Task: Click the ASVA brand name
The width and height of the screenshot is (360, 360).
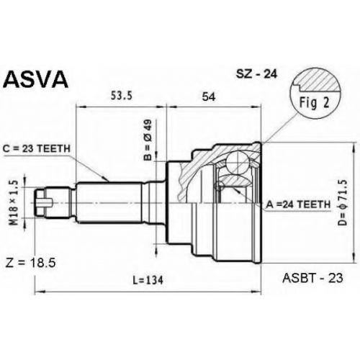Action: coord(37,79)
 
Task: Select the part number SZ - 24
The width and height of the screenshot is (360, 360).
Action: coord(256,74)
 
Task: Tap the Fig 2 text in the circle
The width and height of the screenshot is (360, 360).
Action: coord(314,103)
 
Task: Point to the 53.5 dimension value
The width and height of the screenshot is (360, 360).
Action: coord(122,96)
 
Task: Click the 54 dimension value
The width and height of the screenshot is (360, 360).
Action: coord(209,96)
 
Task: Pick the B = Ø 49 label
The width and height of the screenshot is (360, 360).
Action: coord(148,140)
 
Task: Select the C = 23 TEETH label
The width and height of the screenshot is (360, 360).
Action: coord(37,149)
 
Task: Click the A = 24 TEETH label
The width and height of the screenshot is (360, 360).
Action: coord(298,204)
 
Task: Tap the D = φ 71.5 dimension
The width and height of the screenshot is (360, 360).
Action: coord(343,202)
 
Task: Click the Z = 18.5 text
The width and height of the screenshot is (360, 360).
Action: coord(30,263)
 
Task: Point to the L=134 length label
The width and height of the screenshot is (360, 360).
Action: coord(148,280)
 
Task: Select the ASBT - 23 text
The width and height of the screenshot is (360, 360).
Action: coord(312,278)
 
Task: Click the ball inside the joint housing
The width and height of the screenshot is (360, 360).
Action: coord(237,161)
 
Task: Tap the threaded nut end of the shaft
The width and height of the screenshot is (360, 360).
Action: coord(41,203)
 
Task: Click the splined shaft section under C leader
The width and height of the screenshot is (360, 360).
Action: coord(109,202)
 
